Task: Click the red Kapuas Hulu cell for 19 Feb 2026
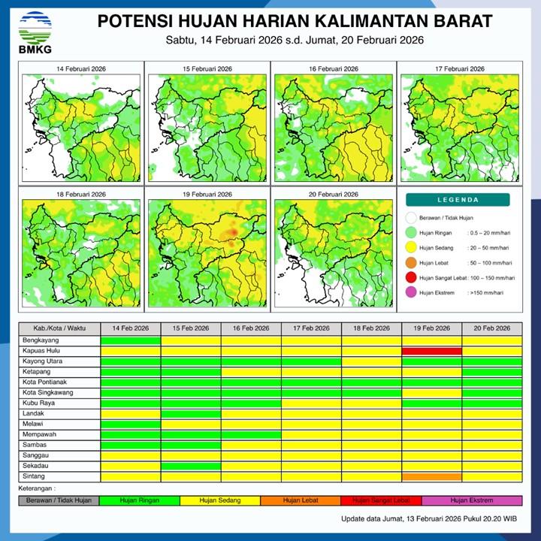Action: tap(431, 351)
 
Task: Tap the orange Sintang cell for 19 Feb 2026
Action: tap(431, 476)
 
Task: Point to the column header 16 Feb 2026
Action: tap(251, 329)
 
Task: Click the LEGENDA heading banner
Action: tap(458, 200)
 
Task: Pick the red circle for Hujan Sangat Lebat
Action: tap(410, 278)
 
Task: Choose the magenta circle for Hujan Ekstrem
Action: tap(410, 292)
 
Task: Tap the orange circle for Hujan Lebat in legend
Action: tap(410, 263)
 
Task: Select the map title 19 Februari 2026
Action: tap(207, 194)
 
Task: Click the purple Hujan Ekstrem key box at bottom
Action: tap(472, 500)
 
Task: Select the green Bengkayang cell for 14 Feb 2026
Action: tap(131, 340)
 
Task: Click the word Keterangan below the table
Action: tap(38, 488)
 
